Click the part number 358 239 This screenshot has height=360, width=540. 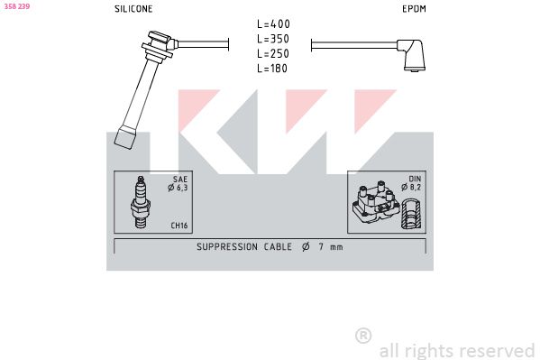coord(17,6)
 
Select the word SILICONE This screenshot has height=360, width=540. coord(133,9)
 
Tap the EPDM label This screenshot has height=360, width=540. coord(414,9)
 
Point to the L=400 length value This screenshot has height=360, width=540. coord(273,23)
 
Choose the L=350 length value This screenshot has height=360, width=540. coord(273,39)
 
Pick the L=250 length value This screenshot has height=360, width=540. coord(273,53)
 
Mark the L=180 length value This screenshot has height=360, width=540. coord(272,69)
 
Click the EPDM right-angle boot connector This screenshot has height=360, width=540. coord(411,55)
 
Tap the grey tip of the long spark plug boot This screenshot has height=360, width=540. coord(125,138)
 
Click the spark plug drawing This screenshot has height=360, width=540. coord(140,202)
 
